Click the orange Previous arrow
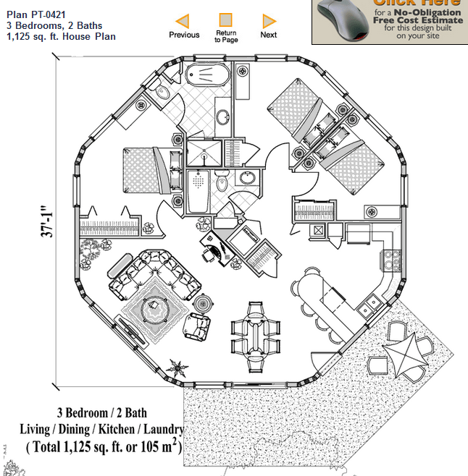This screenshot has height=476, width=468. tap(183, 21)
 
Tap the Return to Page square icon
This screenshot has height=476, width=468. tap(226, 20)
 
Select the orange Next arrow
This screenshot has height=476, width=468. tap(269, 21)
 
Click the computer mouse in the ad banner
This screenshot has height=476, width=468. tap(340, 18)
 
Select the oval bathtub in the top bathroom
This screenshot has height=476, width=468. tap(208, 75)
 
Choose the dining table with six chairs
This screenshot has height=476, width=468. tap(255, 328)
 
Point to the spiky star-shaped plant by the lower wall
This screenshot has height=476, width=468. tap(175, 367)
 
